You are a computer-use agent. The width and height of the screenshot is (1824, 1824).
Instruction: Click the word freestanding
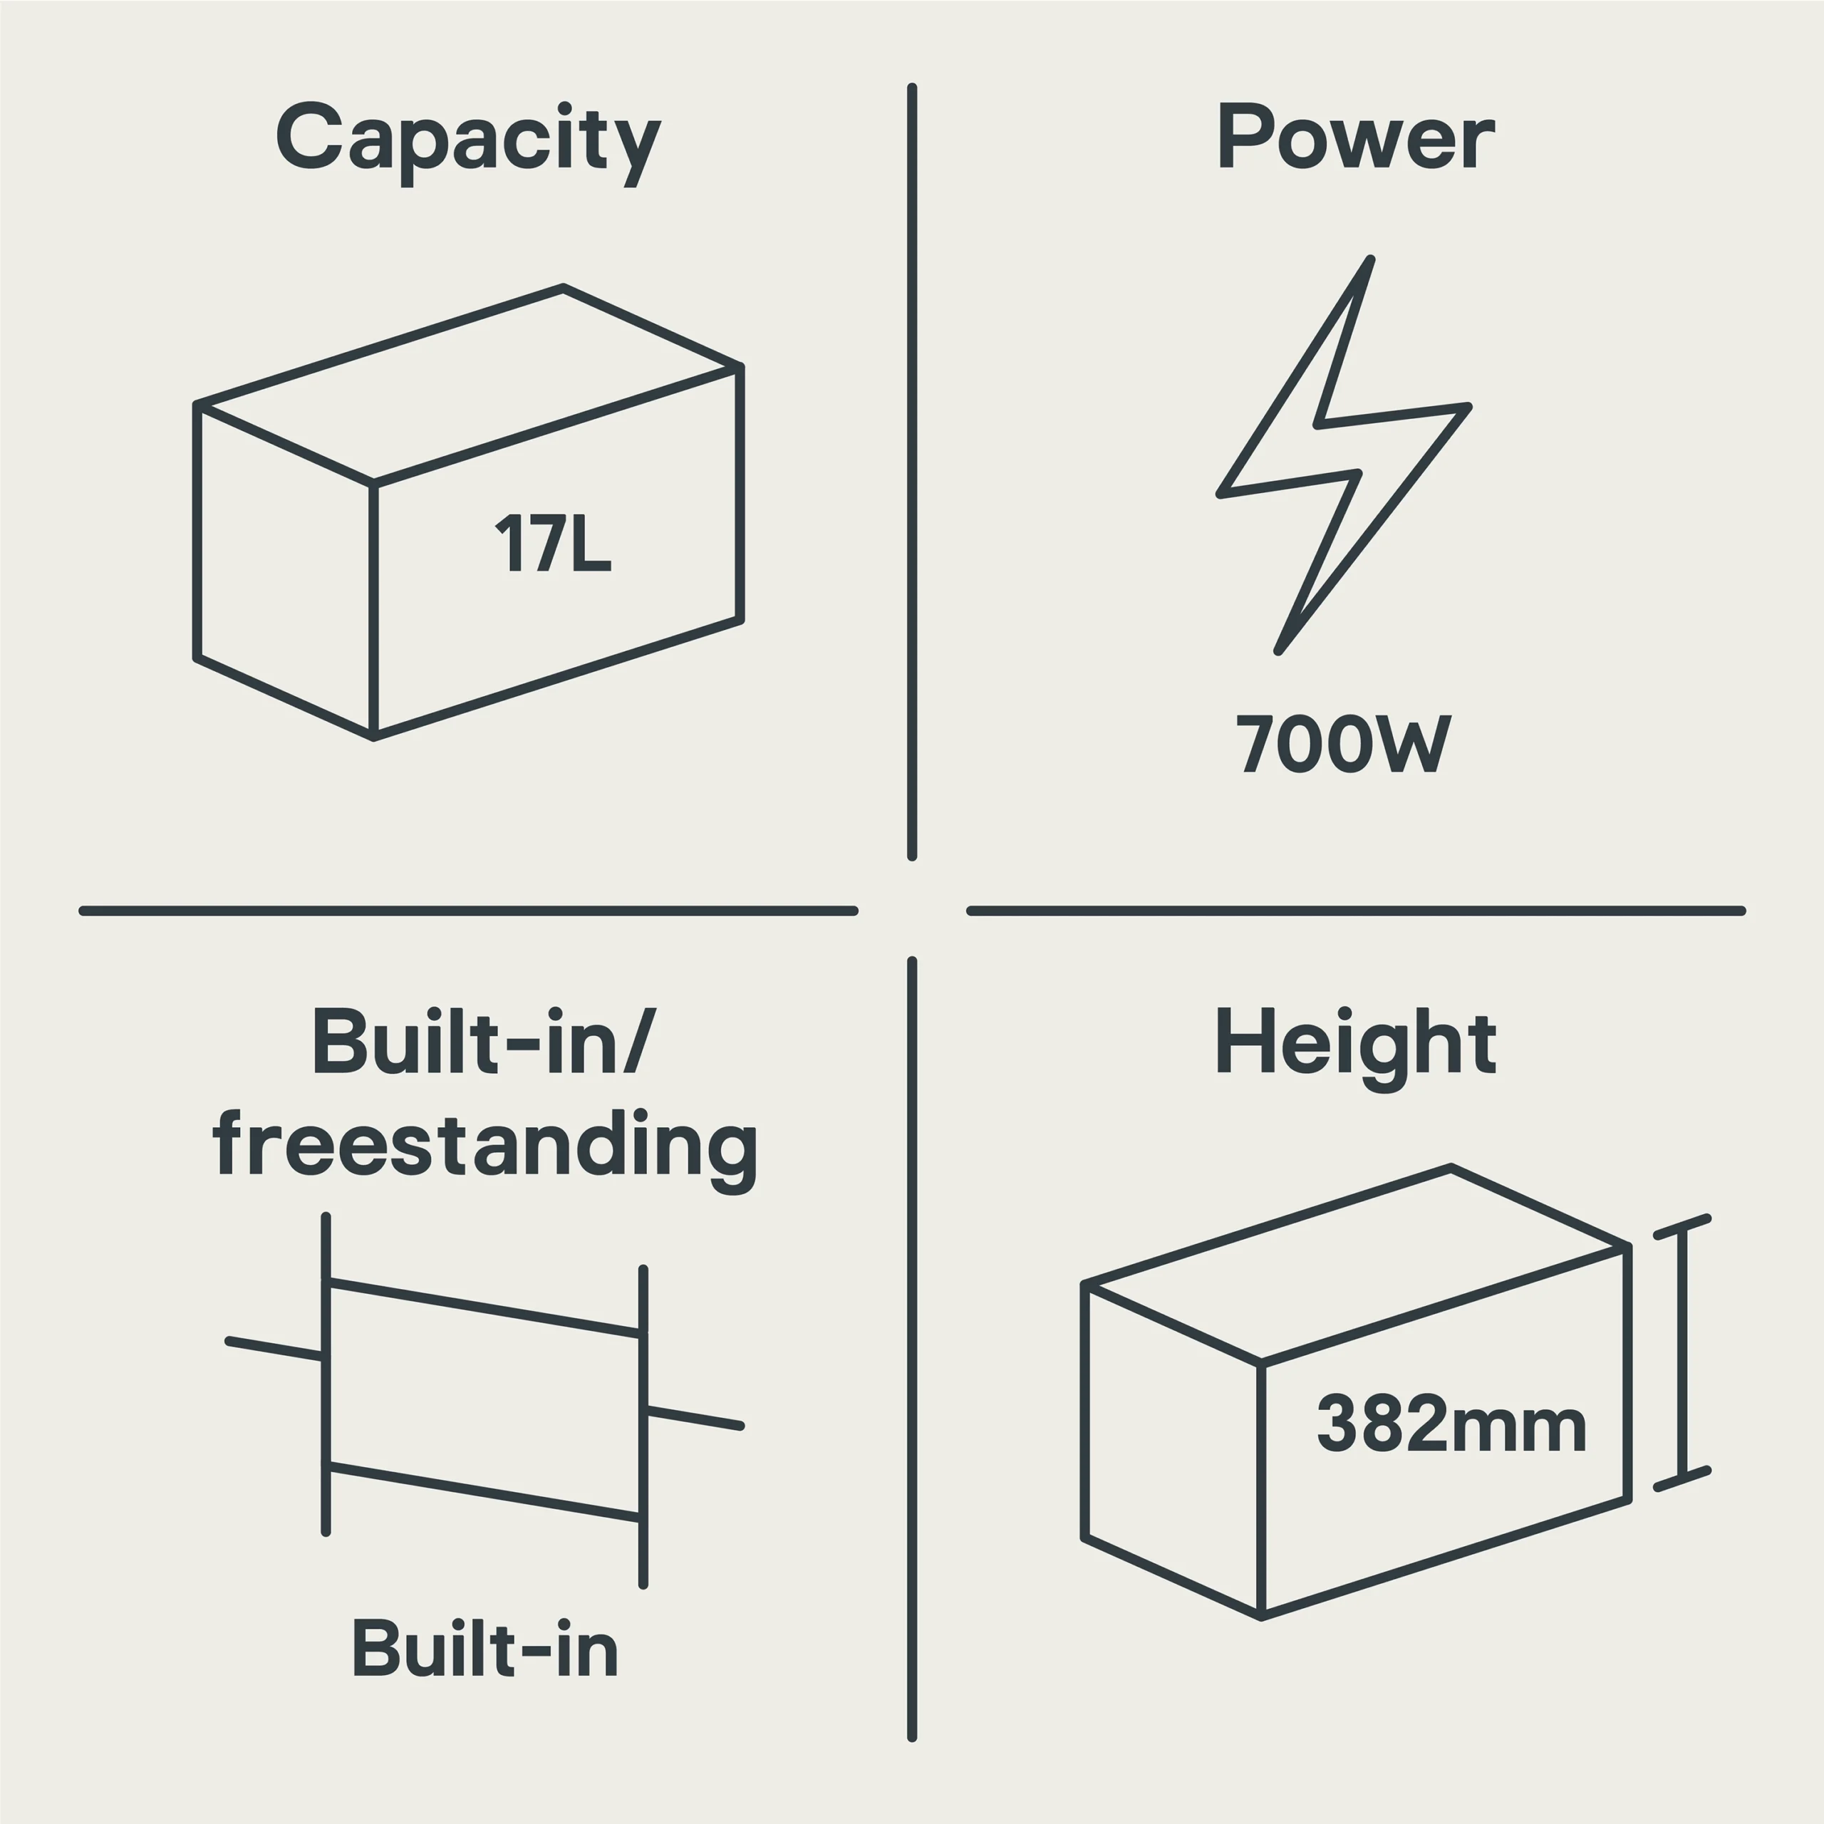point(485,1145)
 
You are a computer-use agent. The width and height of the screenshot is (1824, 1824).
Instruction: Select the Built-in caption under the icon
point(485,1649)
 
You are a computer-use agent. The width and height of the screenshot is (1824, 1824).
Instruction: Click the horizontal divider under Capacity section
point(468,911)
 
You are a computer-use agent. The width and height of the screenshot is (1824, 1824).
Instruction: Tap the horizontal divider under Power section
point(1356,911)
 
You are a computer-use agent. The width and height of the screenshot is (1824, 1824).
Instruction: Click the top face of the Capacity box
point(468,385)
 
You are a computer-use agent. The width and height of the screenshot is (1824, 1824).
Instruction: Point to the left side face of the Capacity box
point(285,571)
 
